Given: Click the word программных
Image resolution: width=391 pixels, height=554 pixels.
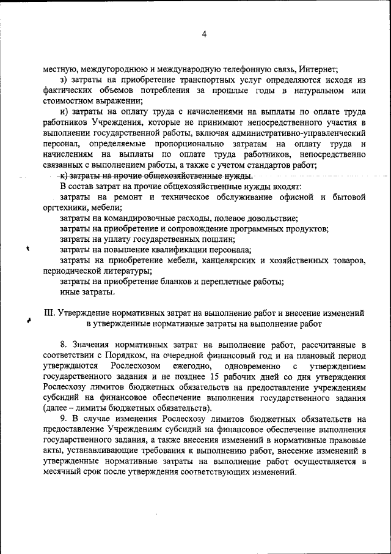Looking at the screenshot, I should tap(247, 229).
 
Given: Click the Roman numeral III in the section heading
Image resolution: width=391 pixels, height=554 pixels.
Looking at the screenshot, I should tap(51, 313).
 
